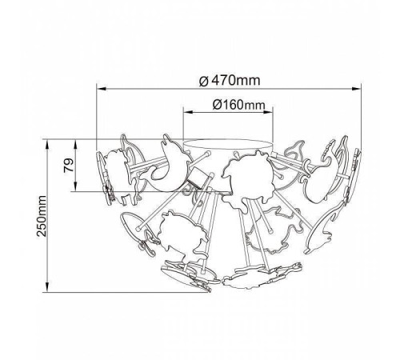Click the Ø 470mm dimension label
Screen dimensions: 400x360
click(230, 80)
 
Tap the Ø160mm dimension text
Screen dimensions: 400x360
click(239, 105)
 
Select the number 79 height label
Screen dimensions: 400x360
click(69, 165)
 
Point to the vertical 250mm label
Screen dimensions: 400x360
click(42, 216)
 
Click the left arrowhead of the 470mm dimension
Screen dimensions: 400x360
click(102, 89)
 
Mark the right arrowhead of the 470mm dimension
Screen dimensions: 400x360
click(356, 89)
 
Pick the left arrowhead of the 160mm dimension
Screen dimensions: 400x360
click(188, 112)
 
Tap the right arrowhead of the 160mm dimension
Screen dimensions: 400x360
click(268, 112)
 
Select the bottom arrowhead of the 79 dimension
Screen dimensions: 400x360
click(76, 186)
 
